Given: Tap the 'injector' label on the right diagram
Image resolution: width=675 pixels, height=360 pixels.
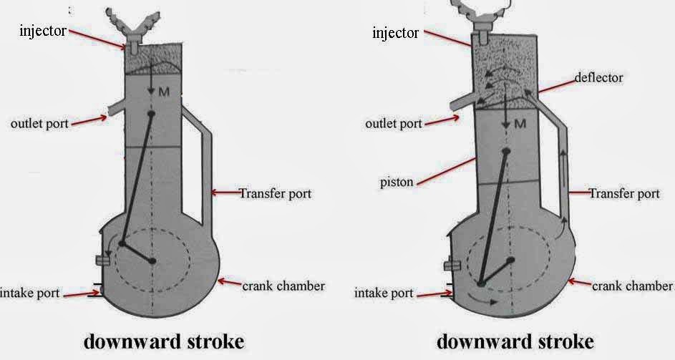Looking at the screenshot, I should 395,33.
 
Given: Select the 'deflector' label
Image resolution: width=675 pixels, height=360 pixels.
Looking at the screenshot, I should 598,77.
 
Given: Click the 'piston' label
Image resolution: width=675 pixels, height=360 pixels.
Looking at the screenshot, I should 396,182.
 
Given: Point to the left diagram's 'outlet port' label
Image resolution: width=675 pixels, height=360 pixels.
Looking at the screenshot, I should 40,123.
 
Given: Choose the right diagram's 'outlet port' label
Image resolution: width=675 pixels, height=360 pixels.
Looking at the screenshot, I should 393,123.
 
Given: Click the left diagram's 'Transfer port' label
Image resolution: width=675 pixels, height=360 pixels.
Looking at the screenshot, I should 275,193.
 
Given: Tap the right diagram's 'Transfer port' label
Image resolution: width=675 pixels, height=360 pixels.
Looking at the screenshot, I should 623,193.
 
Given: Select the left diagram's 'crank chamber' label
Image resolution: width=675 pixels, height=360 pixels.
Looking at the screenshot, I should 283,286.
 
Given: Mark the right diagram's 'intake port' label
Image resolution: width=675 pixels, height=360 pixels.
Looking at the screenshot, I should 384,293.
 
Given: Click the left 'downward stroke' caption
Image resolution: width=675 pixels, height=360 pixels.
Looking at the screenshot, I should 164,341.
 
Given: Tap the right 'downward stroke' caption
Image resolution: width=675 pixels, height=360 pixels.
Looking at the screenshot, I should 515,341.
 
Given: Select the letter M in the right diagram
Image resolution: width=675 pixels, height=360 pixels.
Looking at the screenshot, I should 520,125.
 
